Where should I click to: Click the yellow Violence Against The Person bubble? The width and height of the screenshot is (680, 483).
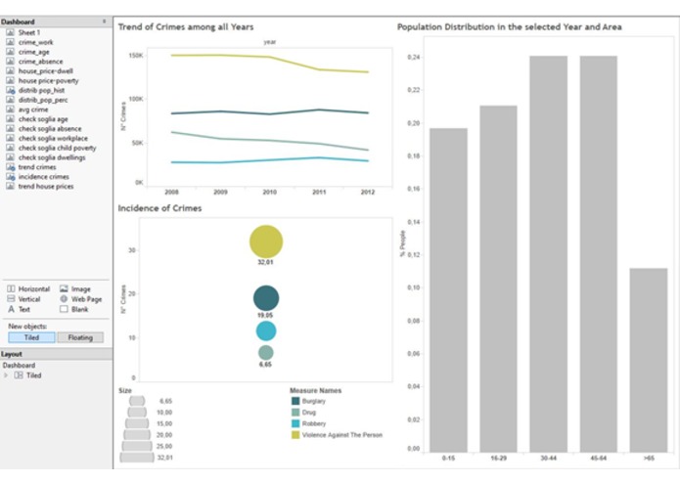[266, 241]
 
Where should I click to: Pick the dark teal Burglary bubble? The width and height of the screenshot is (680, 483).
[266, 299]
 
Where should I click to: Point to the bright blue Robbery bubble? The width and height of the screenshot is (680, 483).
[266, 331]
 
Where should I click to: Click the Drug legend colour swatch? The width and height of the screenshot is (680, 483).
[295, 412]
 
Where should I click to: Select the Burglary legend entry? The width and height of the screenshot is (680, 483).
[314, 401]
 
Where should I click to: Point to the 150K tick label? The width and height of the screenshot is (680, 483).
[137, 56]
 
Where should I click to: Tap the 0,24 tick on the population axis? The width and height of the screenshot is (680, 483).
[414, 57]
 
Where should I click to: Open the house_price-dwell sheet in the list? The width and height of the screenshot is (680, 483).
[45, 70]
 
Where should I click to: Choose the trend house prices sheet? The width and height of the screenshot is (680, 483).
[45, 186]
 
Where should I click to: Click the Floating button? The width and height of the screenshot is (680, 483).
[80, 337]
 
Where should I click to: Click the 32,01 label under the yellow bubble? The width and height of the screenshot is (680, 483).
[265, 263]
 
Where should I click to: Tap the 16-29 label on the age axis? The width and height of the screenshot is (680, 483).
[498, 457]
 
